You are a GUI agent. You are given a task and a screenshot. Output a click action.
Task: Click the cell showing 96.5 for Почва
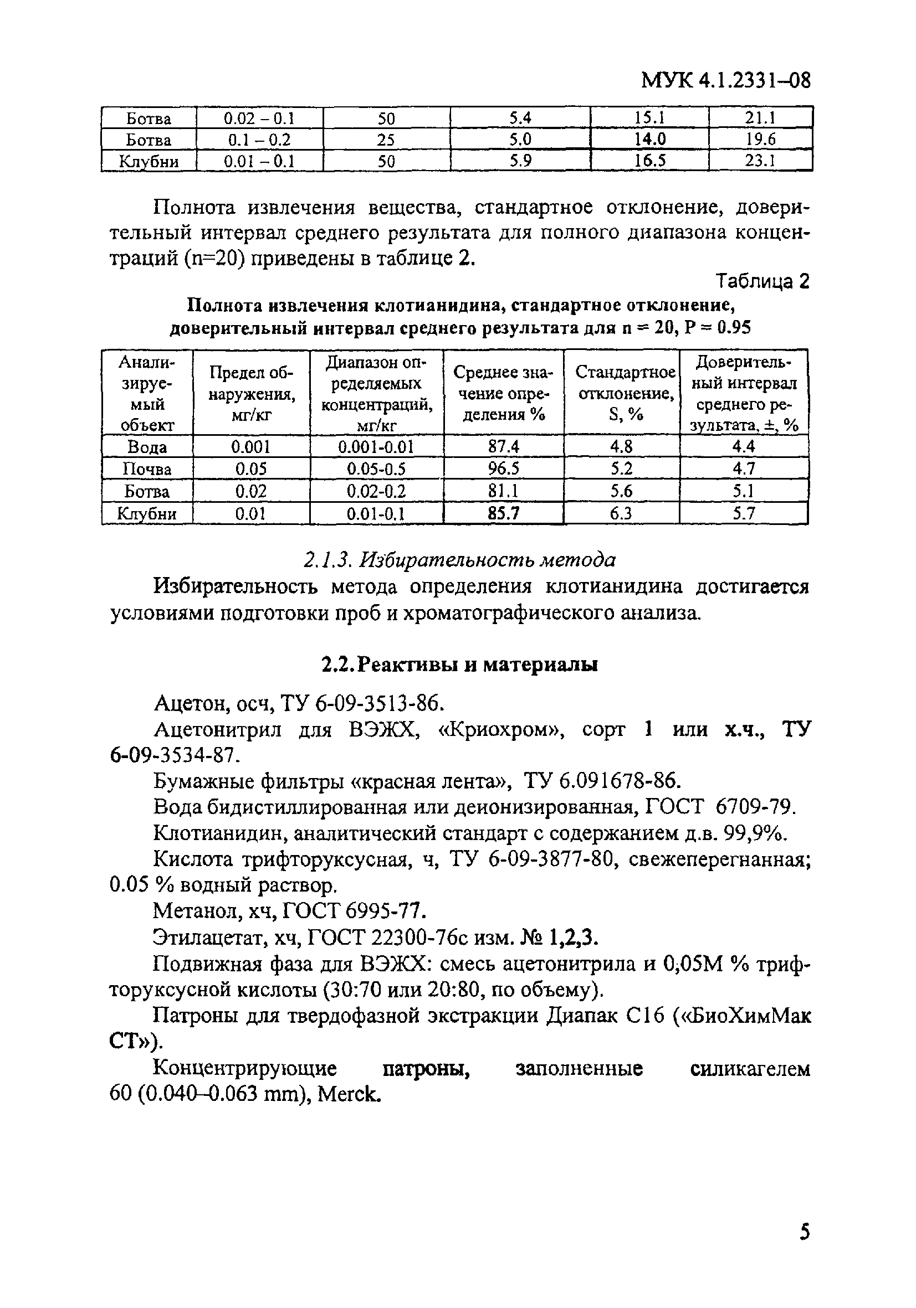503,468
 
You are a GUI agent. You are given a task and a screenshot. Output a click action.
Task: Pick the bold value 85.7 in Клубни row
503,514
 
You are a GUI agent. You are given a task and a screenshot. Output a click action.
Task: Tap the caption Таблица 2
763,281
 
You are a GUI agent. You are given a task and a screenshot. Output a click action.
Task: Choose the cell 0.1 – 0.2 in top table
259,140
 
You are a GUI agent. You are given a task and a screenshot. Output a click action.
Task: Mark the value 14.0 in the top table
650,140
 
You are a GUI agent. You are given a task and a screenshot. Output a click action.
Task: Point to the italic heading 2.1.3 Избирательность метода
459,560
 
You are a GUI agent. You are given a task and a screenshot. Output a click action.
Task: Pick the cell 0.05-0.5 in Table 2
376,469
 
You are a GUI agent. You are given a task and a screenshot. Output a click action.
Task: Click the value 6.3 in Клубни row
621,514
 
